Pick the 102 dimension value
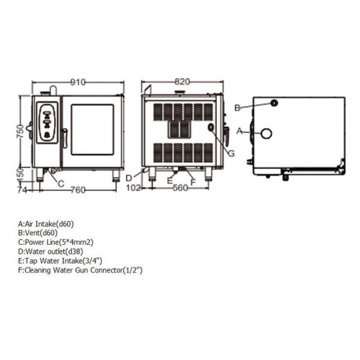pyautogui.click(x=134, y=188)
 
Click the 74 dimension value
pyautogui.click(x=23, y=190)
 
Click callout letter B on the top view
pyautogui.click(x=238, y=108)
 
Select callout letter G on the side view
pyautogui.click(x=231, y=153)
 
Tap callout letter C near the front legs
pyautogui.click(x=61, y=184)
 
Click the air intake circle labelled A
pyautogui.click(x=266, y=133)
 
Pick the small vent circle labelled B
pyautogui.click(x=274, y=103)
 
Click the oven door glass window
pyautogui.click(x=92, y=128)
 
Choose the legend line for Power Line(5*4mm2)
pyautogui.click(x=56, y=242)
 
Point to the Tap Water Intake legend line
pyautogui.click(x=61, y=261)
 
